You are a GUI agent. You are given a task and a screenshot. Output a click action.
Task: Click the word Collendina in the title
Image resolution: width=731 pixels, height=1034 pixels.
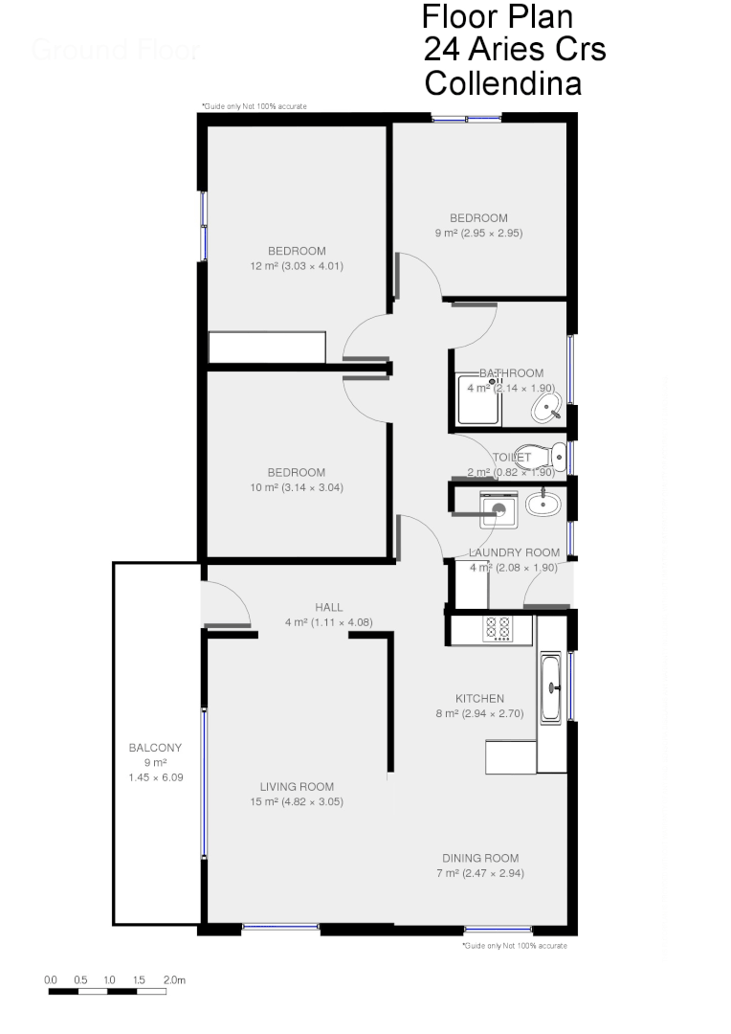tap(502, 83)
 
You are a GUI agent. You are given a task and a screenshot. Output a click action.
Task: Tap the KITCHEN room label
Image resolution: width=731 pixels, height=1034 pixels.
tap(479, 699)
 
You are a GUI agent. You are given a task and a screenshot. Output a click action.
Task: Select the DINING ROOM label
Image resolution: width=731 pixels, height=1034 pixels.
tap(480, 858)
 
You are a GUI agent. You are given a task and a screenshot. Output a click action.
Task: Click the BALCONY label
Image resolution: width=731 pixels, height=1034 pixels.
tap(155, 748)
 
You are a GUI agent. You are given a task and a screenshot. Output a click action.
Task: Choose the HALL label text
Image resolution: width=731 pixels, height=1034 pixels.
tap(328, 607)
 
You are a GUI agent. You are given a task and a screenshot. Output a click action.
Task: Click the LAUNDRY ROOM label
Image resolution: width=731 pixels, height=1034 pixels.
tap(514, 552)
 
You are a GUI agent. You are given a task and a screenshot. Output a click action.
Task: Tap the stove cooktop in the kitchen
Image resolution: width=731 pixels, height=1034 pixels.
tap(498, 628)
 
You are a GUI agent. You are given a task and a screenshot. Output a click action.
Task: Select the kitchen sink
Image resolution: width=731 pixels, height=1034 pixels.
tap(551, 686)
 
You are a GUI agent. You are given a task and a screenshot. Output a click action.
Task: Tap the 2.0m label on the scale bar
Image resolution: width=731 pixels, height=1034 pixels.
tap(174, 979)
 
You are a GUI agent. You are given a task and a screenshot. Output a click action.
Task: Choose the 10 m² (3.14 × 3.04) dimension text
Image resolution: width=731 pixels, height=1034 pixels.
tap(296, 487)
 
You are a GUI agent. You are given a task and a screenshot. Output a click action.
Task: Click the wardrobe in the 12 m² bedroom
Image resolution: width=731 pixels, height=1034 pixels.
tap(268, 347)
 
